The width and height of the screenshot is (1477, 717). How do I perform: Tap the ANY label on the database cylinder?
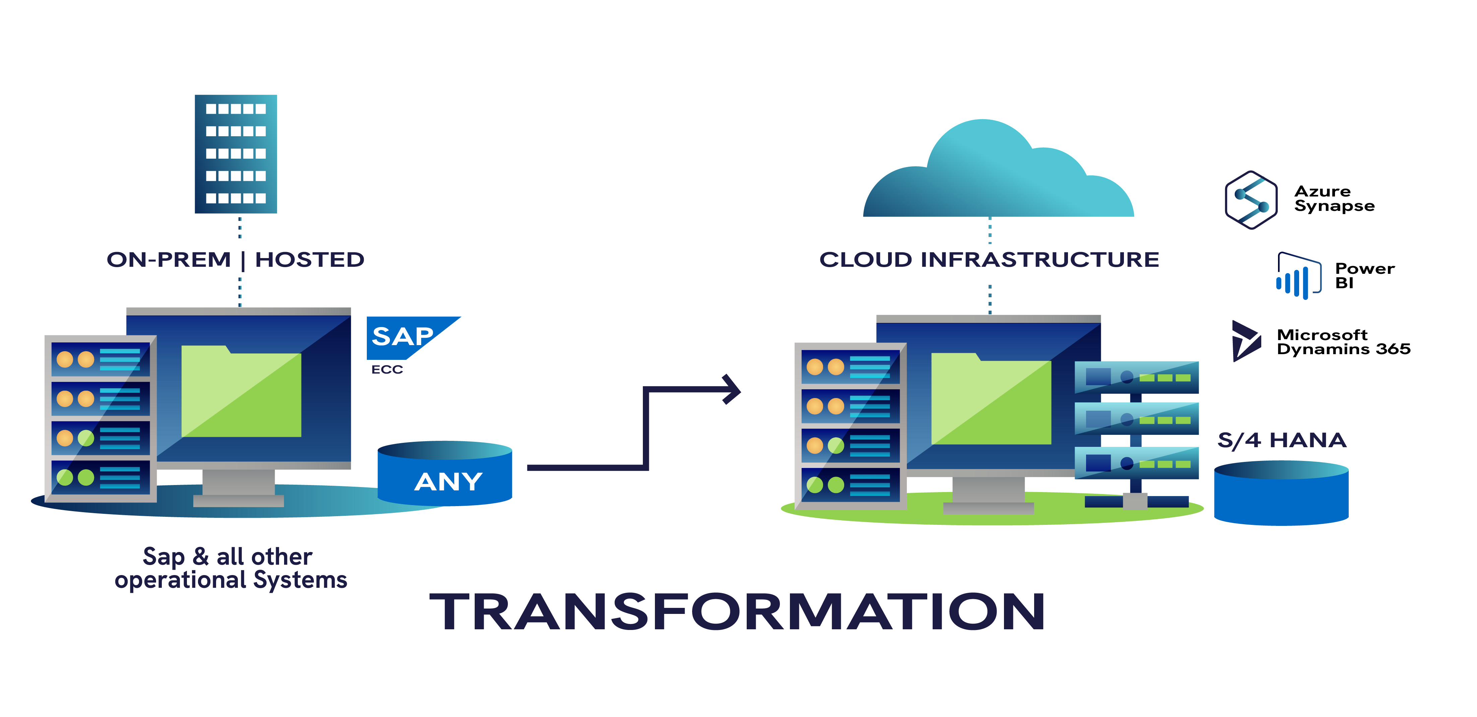coord(448,481)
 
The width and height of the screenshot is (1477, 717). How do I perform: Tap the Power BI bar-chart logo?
coord(1299,276)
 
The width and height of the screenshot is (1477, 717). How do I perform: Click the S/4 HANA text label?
coord(1282,440)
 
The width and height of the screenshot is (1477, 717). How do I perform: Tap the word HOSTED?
coord(310,260)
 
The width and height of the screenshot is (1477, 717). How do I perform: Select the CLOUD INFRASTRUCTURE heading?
coord(989,260)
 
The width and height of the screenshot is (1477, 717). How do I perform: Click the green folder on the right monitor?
coord(991,399)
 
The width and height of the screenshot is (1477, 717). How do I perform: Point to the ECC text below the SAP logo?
coord(387,370)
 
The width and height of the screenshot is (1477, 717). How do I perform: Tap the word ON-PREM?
coord(169,260)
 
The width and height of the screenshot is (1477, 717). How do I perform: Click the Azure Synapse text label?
coord(1334,198)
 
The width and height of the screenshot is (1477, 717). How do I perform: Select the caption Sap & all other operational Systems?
coord(230,568)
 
